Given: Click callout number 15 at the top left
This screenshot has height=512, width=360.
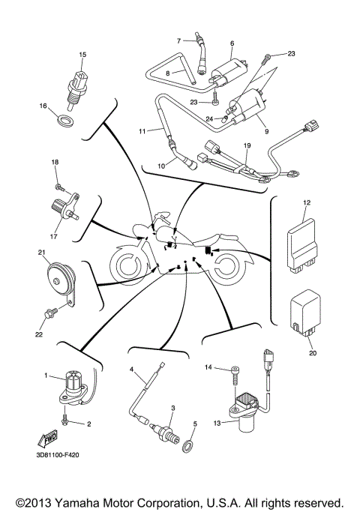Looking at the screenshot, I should point(83,55).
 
